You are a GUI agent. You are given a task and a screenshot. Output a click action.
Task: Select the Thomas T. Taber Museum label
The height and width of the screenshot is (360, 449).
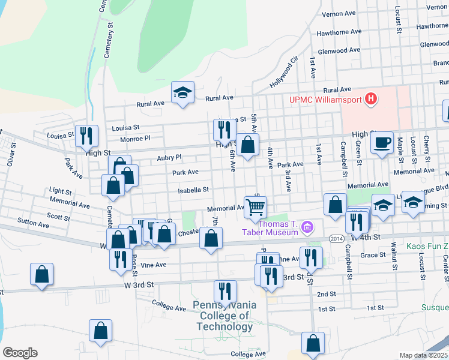(278, 227)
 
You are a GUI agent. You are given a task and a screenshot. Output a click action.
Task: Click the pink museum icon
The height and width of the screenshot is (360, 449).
(308, 227)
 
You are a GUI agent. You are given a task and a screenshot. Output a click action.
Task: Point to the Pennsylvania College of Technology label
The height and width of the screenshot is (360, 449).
(224, 316)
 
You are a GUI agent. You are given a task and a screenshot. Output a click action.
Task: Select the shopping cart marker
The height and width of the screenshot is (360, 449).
(256, 207)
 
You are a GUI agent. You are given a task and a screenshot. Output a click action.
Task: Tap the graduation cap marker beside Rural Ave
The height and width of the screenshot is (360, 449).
(182, 93)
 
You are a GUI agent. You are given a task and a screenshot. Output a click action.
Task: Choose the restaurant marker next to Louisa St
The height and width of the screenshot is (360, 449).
(88, 136)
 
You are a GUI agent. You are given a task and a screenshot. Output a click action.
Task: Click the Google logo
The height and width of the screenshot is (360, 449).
(20, 353)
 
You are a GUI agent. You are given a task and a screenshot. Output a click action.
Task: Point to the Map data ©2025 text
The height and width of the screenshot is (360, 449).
(424, 355)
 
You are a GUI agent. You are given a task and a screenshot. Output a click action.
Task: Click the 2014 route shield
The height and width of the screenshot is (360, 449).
(337, 239)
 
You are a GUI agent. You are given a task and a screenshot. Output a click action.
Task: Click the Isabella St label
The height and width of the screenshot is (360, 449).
(193, 190)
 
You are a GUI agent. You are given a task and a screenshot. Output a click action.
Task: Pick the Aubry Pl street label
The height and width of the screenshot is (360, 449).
(169, 158)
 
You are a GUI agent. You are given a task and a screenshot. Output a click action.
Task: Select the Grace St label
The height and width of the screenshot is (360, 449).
(373, 255)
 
